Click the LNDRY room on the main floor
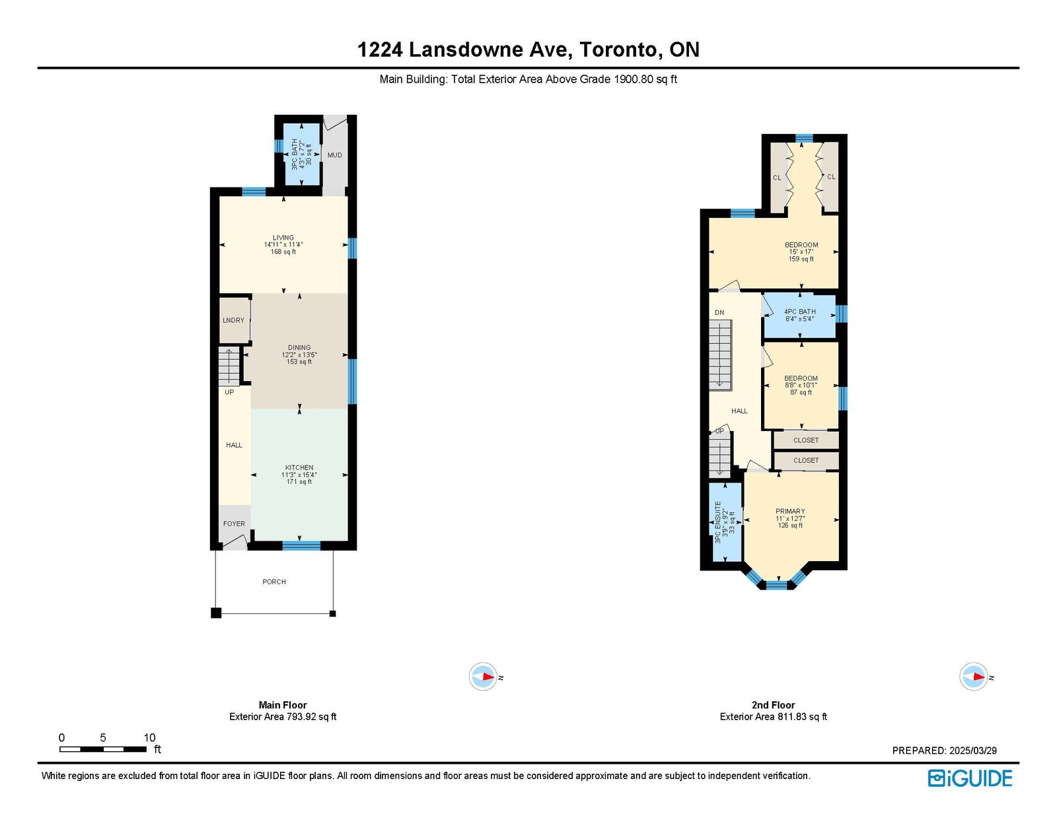[x=233, y=320]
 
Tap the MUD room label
[x=335, y=155]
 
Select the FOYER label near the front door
[x=234, y=524]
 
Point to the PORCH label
[x=274, y=582]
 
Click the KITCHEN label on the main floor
[x=299, y=467]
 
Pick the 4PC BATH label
[x=800, y=312]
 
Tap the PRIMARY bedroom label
[x=790, y=511]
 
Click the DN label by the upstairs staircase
[x=719, y=312]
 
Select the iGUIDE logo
[x=969, y=778]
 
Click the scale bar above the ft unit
[x=103, y=749]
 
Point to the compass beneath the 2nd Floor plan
[x=973, y=677]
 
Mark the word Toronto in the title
[x=617, y=50]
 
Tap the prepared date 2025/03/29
[x=973, y=751]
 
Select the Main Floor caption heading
[x=283, y=704]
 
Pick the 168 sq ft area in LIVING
[x=283, y=252]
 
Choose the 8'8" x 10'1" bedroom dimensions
[x=801, y=385]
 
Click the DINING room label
[x=299, y=347]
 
